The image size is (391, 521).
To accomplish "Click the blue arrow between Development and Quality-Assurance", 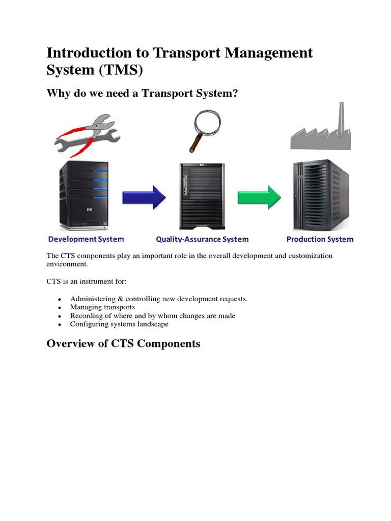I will click(x=144, y=196).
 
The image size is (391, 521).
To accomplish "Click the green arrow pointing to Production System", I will click(x=259, y=196).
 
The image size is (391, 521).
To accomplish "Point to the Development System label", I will click(x=86, y=239).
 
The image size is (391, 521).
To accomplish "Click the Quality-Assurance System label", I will click(x=202, y=239).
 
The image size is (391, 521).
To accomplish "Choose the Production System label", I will click(x=320, y=239).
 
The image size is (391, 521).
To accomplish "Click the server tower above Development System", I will click(x=84, y=196).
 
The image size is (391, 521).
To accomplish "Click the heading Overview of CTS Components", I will click(x=123, y=343).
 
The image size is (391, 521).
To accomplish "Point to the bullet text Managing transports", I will click(x=102, y=307).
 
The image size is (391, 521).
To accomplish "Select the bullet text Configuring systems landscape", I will click(x=119, y=324).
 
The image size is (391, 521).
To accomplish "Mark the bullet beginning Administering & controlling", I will click(x=159, y=299).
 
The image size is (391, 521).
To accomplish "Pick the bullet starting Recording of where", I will click(x=153, y=315).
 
